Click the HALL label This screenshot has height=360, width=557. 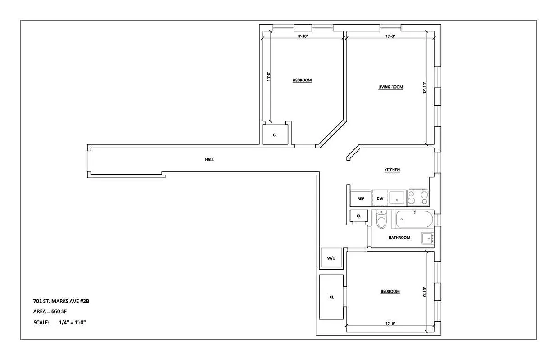(209, 160)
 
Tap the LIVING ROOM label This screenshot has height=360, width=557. (390, 87)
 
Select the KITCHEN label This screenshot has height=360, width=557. (392, 170)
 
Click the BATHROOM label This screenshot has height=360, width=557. (399, 238)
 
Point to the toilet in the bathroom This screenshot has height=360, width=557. (381, 220)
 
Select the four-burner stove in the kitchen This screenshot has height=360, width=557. (418, 197)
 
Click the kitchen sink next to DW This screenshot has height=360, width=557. (396, 198)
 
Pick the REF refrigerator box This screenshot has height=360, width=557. (361, 198)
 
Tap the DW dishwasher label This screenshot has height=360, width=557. (380, 198)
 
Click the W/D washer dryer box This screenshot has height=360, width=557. (331, 258)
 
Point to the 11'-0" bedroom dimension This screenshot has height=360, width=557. (268, 76)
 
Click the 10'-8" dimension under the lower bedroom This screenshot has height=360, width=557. (390, 323)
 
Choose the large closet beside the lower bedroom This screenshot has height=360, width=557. (331, 297)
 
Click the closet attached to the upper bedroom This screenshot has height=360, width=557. (275, 135)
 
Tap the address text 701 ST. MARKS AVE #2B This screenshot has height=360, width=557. (64, 301)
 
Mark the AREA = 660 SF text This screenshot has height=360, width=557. (50, 311)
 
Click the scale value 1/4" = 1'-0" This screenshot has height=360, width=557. (72, 323)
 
